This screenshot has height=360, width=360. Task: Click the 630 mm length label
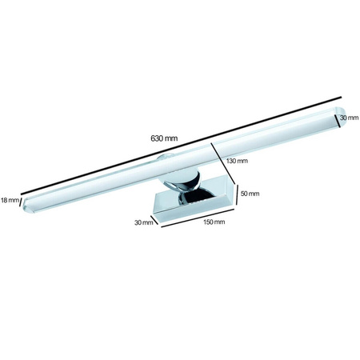(164, 137)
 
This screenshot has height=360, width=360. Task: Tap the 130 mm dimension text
(238, 161)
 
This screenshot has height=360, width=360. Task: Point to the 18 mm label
(10, 200)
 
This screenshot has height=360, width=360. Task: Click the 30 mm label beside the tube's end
(348, 118)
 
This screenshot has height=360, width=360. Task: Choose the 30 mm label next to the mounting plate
(144, 223)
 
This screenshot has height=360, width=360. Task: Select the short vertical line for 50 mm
(238, 194)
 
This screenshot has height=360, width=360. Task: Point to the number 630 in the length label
(158, 137)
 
